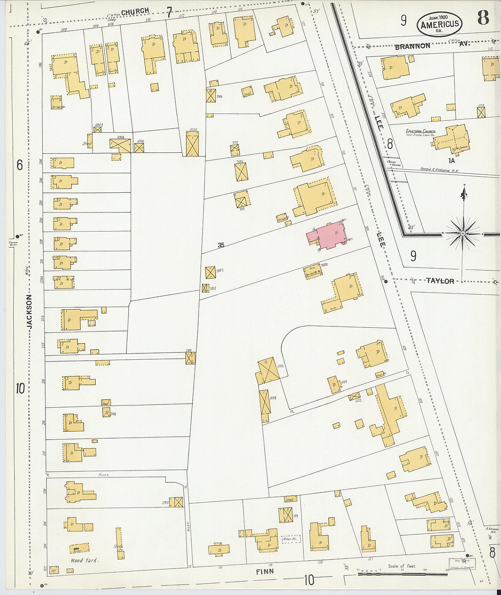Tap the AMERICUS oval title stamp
pyautogui.click(x=440, y=24)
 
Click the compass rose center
pyautogui.click(x=463, y=233)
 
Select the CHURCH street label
pyautogui.click(x=135, y=11)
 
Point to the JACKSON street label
pyautogui.click(x=30, y=311)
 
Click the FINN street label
pyautogui.click(x=265, y=571)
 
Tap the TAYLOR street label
pyautogui.click(x=440, y=281)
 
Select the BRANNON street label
pyautogui.click(x=412, y=46)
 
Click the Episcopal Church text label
pyautogui.click(x=421, y=131)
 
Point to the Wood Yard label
pyautogui.click(x=83, y=560)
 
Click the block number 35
pyautogui.click(x=221, y=245)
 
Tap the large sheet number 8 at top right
pyautogui.click(x=483, y=17)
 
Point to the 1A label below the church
pyautogui.click(x=451, y=160)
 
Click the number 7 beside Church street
pyautogui.click(x=169, y=12)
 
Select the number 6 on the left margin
pyautogui.click(x=20, y=165)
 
